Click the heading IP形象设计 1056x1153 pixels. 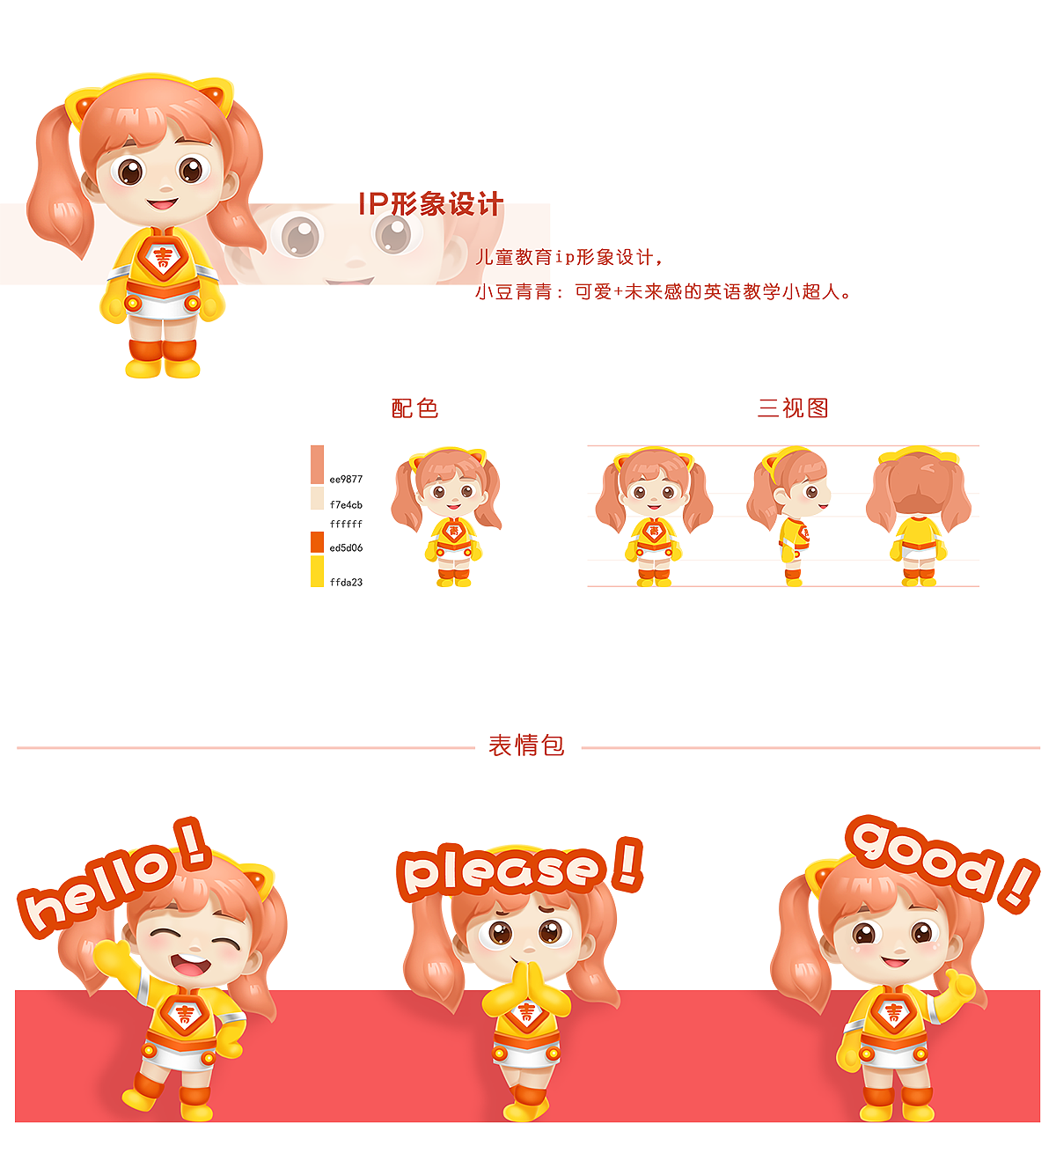click(x=430, y=204)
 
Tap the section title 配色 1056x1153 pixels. click(x=414, y=408)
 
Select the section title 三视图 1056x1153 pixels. click(x=793, y=408)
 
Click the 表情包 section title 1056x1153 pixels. click(x=526, y=745)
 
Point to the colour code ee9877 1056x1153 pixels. click(x=346, y=480)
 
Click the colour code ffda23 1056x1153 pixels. click(x=346, y=583)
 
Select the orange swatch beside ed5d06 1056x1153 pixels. click(x=317, y=543)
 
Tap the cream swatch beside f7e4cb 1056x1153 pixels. click(x=317, y=499)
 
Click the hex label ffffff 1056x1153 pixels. click(x=346, y=525)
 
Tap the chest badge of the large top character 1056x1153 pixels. click(x=163, y=257)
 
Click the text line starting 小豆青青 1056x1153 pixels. click(x=664, y=291)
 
